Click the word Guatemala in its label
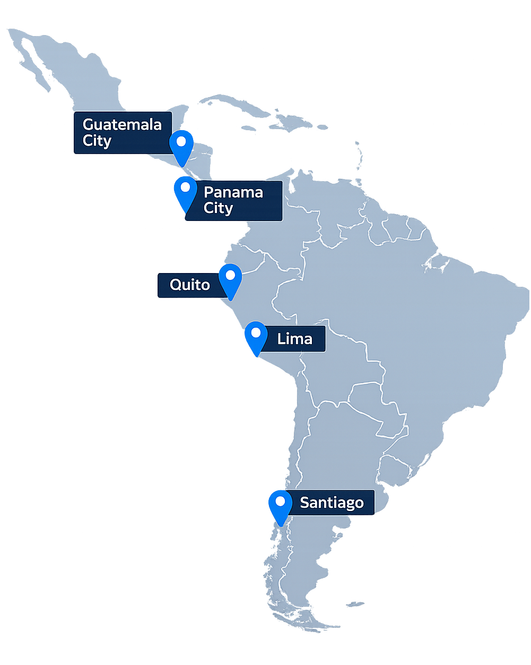122,125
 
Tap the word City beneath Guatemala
97,141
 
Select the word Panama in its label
233,192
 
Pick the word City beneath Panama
218,208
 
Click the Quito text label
189,285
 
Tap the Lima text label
294,339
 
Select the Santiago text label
332,502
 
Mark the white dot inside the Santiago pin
280,501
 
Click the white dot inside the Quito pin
230,275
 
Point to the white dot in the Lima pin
256,333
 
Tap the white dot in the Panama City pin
185,187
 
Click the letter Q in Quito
176,285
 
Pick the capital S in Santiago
304,502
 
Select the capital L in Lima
281,339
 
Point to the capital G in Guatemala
89,125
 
